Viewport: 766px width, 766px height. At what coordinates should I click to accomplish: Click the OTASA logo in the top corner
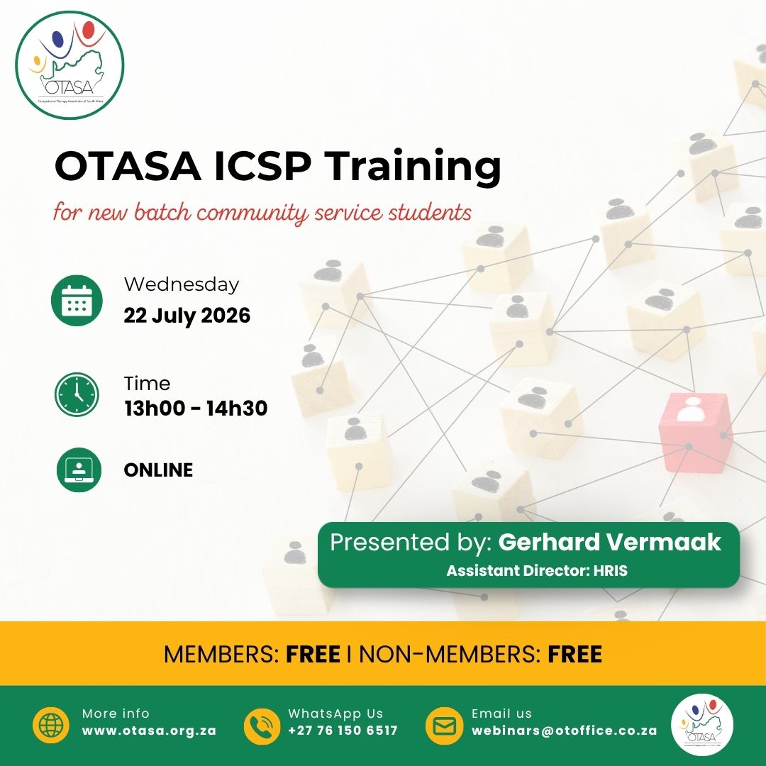70,65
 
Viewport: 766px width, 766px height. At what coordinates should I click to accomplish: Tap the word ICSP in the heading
262,165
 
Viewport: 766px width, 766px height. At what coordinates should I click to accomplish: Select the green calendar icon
77,300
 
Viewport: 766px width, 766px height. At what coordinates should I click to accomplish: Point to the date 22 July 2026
187,315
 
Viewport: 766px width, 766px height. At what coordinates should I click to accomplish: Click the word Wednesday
182,284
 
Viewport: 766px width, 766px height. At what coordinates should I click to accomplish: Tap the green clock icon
77,395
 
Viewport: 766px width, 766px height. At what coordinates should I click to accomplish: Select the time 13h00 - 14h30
196,408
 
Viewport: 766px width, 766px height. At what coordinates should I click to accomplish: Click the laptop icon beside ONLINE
79,470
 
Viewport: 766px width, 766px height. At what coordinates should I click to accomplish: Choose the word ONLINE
158,470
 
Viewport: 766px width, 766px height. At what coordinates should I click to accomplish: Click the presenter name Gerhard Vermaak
610,543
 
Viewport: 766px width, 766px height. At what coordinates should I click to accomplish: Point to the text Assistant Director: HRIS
537,570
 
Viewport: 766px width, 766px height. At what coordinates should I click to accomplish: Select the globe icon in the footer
51,725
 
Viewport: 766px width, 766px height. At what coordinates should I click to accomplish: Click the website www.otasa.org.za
149,731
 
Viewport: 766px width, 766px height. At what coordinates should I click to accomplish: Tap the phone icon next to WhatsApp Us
262,726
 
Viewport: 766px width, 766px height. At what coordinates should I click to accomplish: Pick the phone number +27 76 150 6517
343,731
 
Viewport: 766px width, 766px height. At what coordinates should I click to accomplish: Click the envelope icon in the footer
444,726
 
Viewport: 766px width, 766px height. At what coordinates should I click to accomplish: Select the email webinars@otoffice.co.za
565,731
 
